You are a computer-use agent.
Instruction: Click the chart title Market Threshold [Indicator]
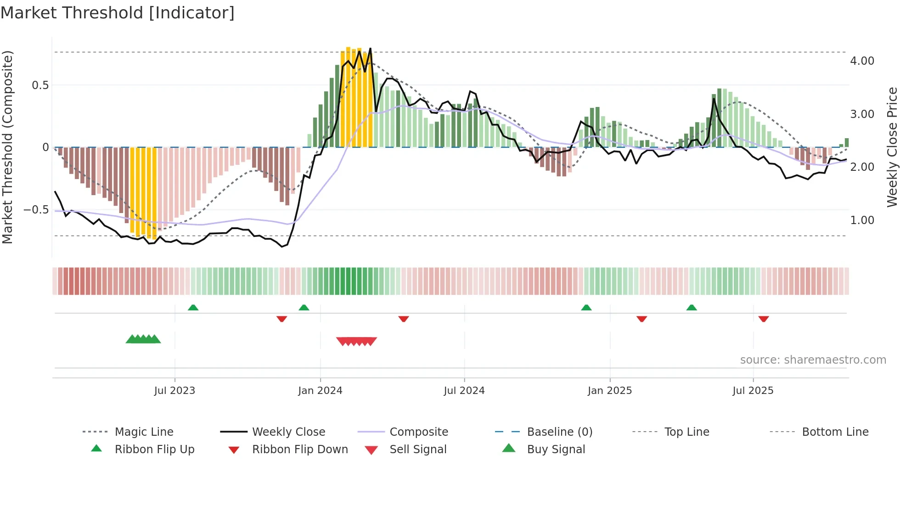[118, 13]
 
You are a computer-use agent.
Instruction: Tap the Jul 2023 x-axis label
[174, 391]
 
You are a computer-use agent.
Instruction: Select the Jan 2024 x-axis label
[320, 391]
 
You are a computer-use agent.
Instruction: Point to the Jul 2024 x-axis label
[464, 391]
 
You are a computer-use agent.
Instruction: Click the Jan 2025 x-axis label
[609, 391]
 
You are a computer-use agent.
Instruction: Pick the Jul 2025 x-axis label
[753, 391]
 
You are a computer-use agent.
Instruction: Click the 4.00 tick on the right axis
[862, 61]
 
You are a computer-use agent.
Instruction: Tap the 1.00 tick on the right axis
[862, 220]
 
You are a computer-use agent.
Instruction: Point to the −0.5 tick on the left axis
[36, 210]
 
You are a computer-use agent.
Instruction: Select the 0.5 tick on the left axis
[40, 85]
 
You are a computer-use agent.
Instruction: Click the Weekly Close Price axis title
[892, 147]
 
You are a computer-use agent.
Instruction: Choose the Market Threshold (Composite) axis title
[7, 147]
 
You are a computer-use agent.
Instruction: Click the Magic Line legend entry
[144, 432]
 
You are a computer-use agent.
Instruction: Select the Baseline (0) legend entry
[559, 432]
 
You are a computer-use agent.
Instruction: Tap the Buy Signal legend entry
[556, 450]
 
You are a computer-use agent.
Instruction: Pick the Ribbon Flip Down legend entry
[300, 450]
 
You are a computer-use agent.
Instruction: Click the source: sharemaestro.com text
[813, 360]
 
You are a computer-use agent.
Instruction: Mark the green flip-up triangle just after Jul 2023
[193, 308]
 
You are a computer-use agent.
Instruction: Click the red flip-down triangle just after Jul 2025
[763, 319]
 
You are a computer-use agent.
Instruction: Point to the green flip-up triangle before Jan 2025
[586, 308]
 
